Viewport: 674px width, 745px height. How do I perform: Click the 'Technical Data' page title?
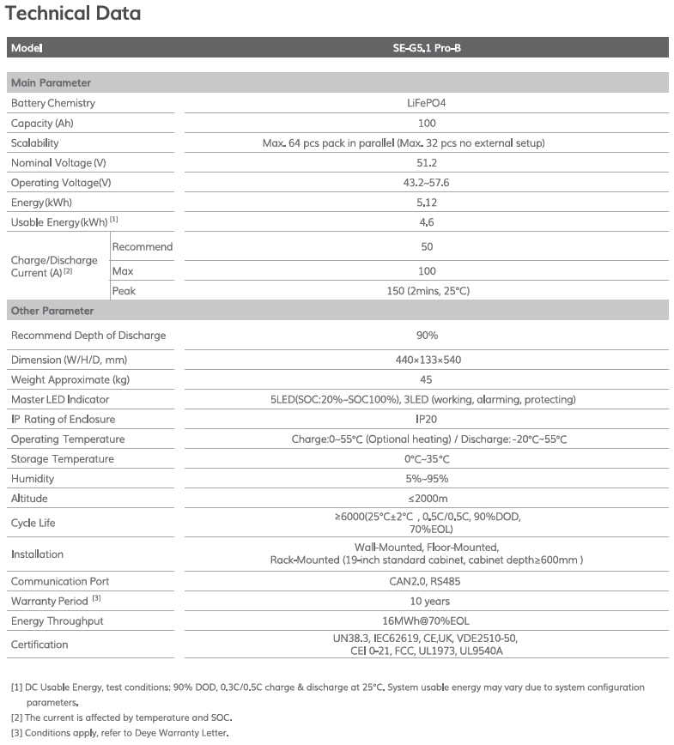click(73, 14)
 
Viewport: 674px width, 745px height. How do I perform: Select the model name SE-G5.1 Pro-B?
click(421, 48)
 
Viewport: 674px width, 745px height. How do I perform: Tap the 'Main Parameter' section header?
click(51, 83)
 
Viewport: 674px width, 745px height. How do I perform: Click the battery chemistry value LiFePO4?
click(421, 103)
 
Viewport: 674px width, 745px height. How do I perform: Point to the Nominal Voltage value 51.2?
click(421, 163)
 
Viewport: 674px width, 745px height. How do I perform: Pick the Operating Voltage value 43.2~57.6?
click(421, 183)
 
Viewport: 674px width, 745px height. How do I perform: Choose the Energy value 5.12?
click(421, 203)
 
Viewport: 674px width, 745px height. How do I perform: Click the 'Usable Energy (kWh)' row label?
click(58, 222)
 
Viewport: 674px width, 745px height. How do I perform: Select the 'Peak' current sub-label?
click(124, 291)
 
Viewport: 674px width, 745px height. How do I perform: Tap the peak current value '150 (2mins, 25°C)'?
click(421, 291)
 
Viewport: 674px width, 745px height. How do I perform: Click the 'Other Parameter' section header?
click(52, 311)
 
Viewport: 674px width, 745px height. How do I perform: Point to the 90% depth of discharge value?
click(421, 336)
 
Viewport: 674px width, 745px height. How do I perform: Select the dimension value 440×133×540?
click(421, 360)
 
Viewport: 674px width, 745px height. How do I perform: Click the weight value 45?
click(421, 379)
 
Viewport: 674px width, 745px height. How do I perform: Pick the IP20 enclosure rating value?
click(421, 419)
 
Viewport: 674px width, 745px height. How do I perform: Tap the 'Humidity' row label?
click(33, 479)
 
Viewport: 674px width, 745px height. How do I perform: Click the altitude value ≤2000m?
click(421, 499)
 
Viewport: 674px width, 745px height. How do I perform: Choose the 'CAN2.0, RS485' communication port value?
click(421, 582)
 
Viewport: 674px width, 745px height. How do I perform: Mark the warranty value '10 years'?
click(421, 602)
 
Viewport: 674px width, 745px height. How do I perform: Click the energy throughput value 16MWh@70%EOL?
click(421, 621)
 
